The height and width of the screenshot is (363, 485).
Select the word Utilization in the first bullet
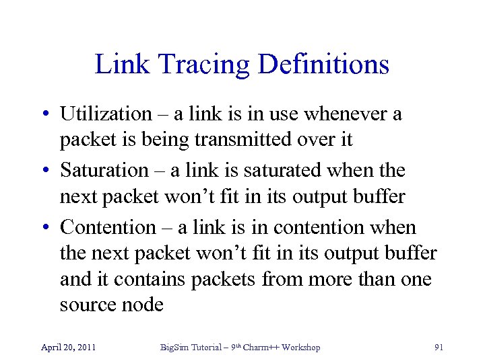pyautogui.click(x=106, y=115)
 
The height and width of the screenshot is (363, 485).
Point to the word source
pyautogui.click(x=88, y=305)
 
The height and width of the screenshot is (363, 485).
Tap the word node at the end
pyautogui.click(x=143, y=305)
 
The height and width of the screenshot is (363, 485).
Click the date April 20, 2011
pyautogui.click(x=68, y=348)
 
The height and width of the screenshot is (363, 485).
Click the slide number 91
pyautogui.click(x=439, y=348)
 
